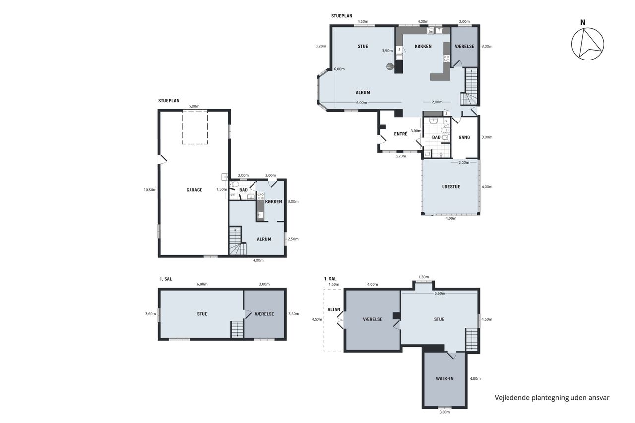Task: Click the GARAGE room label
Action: click(x=194, y=190)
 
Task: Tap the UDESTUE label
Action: click(x=451, y=187)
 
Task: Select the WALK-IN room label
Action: click(x=444, y=378)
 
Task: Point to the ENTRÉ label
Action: click(x=400, y=134)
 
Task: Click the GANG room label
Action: click(x=464, y=137)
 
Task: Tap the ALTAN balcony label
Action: click(x=334, y=309)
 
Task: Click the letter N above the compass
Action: click(x=583, y=22)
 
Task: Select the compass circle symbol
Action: click(x=588, y=44)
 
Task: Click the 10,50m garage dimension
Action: click(x=150, y=190)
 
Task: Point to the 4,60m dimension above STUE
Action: click(x=363, y=21)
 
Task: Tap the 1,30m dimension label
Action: click(x=424, y=277)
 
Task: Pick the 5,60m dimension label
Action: click(x=440, y=293)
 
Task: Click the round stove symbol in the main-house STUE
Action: click(x=390, y=66)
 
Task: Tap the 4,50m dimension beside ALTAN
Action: click(x=317, y=319)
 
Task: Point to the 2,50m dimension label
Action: click(x=293, y=239)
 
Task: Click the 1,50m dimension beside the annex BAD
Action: click(x=222, y=189)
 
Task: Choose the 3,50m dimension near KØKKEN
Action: click(x=387, y=51)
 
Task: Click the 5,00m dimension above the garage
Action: click(x=194, y=106)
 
